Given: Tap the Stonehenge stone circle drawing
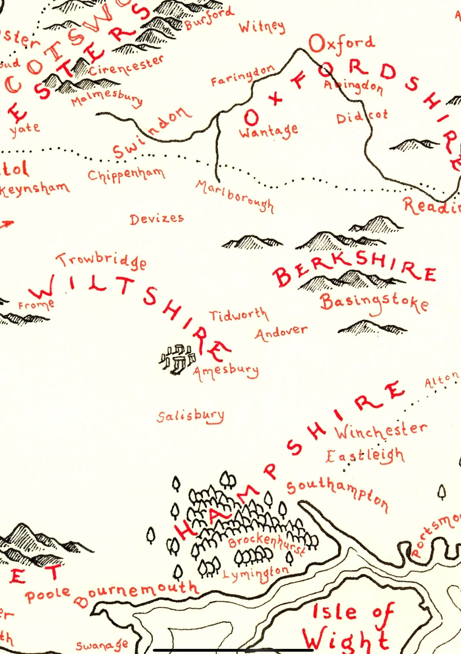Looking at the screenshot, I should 177,359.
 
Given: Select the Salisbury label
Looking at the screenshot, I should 191,416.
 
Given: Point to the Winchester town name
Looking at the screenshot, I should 380,430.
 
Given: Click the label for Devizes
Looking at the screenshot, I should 157,219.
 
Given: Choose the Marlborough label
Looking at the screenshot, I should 234,195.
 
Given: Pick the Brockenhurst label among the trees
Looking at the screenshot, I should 266,543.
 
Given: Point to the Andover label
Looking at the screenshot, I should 281,333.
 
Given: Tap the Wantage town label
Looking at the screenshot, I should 269,130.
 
